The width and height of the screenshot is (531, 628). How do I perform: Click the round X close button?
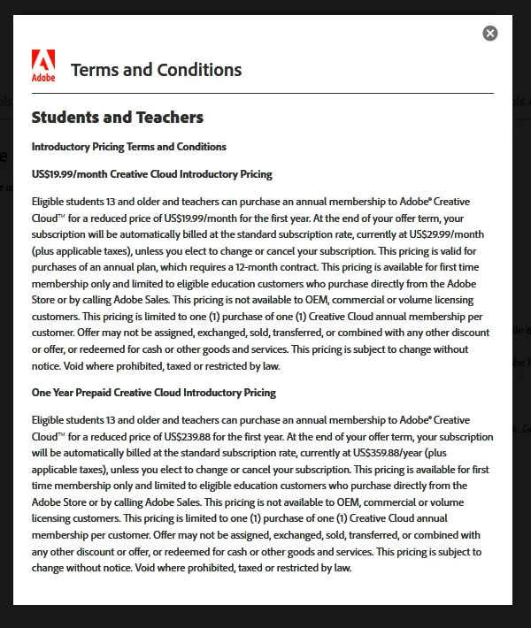490,33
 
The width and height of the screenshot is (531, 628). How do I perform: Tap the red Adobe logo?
43,65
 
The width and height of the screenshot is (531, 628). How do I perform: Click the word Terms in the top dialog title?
94,70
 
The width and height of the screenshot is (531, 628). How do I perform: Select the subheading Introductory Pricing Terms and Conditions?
129,147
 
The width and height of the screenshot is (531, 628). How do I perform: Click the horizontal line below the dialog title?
263,93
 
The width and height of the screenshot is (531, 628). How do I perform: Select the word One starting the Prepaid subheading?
42,393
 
